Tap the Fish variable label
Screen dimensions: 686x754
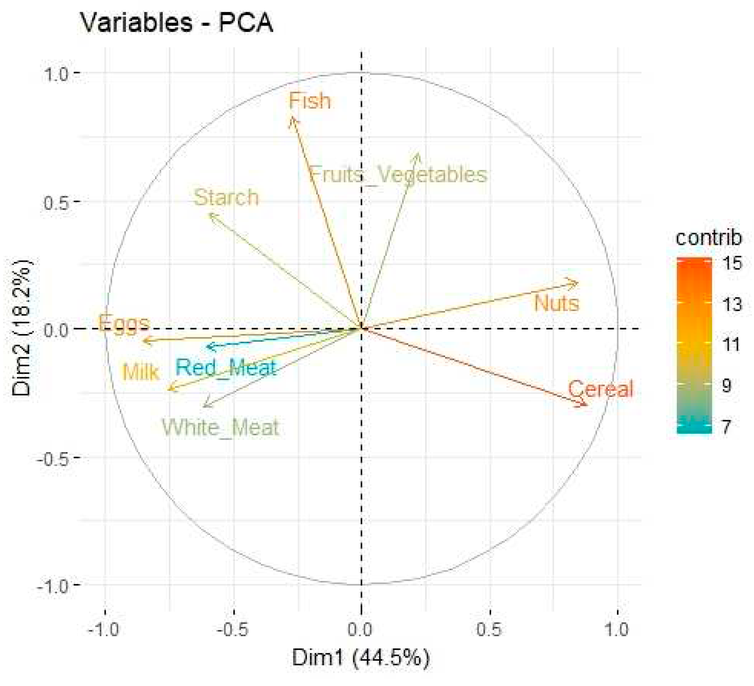(x=310, y=101)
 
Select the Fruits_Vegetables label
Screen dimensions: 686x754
(x=399, y=175)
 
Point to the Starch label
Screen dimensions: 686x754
(x=226, y=197)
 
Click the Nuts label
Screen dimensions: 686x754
(x=557, y=303)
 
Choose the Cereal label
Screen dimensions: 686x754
(x=601, y=389)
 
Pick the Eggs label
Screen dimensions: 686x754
(x=124, y=324)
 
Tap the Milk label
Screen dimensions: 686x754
(x=141, y=372)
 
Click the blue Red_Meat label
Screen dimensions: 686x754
(x=226, y=367)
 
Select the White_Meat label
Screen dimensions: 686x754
(x=220, y=427)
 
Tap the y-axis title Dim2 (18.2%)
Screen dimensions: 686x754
(x=22, y=327)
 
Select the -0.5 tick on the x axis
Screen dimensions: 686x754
(x=233, y=630)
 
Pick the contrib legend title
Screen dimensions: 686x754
(x=708, y=238)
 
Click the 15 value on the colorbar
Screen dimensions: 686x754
(x=732, y=264)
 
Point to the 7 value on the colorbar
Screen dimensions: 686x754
(x=726, y=427)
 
